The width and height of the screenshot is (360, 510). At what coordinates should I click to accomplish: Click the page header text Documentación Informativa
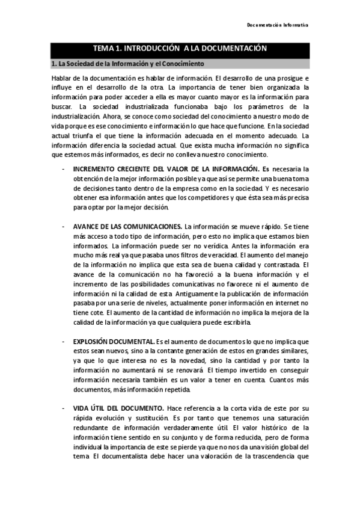[278, 25]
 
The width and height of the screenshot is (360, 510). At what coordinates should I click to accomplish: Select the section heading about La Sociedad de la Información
[128, 63]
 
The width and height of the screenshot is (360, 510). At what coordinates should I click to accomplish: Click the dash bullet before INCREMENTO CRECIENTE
[64, 168]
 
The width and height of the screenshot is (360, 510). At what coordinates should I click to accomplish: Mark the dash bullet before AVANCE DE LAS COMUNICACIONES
[64, 226]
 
